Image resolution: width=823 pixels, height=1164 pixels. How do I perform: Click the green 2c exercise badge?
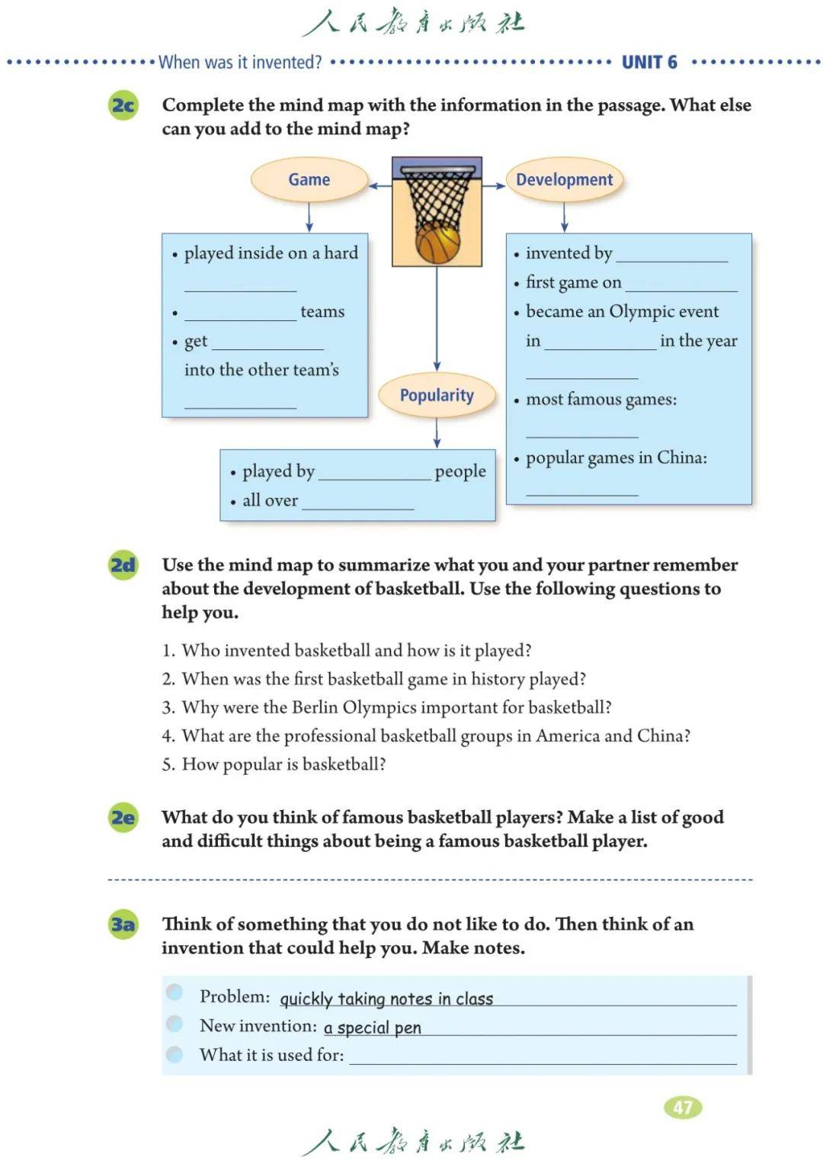point(123,105)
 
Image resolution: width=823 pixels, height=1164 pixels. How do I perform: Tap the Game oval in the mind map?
point(309,180)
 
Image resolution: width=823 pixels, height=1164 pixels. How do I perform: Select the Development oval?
point(564,180)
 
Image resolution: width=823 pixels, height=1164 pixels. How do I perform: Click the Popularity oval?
point(437,395)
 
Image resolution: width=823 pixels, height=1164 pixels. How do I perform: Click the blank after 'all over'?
point(357,503)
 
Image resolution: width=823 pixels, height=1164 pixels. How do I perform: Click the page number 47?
point(683,1108)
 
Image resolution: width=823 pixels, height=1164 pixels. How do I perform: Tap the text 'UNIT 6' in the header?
point(649,63)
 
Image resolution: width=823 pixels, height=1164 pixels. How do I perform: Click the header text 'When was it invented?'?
point(240,63)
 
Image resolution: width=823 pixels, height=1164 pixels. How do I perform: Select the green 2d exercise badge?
point(123,565)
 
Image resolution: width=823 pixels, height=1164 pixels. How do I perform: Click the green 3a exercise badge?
point(123,924)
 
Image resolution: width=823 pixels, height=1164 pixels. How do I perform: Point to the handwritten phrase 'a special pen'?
point(373,1027)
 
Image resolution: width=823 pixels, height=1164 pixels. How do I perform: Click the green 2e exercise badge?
point(123,818)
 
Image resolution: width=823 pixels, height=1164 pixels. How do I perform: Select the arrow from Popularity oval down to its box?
point(437,433)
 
